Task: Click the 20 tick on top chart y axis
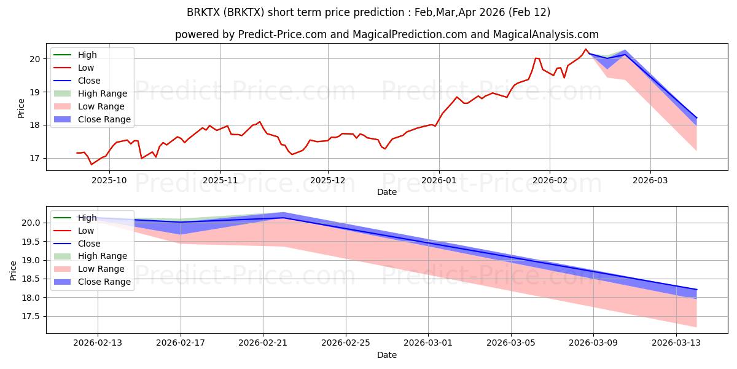[34, 59]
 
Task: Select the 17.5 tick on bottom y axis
[31, 316]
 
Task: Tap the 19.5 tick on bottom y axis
[31, 242]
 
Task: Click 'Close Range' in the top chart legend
[104, 119]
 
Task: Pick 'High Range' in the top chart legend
[103, 93]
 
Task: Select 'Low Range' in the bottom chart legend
[101, 269]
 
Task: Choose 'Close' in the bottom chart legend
[90, 244]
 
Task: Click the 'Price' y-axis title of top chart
[21, 108]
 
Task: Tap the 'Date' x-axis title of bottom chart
[387, 355]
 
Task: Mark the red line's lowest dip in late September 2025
[92, 164]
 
